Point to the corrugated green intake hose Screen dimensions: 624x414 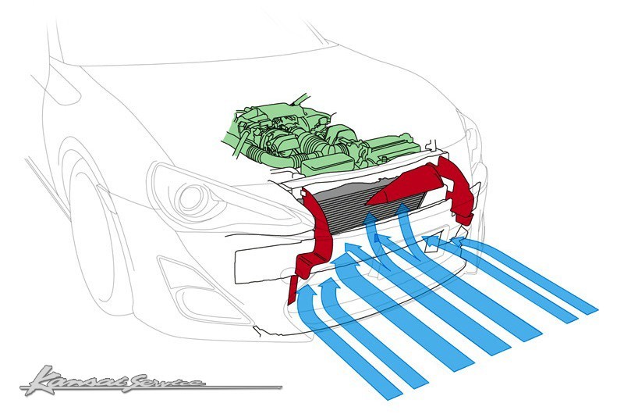(314, 142)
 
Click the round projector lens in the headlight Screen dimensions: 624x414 (192, 200)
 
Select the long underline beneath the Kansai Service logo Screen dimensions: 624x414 (151, 387)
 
